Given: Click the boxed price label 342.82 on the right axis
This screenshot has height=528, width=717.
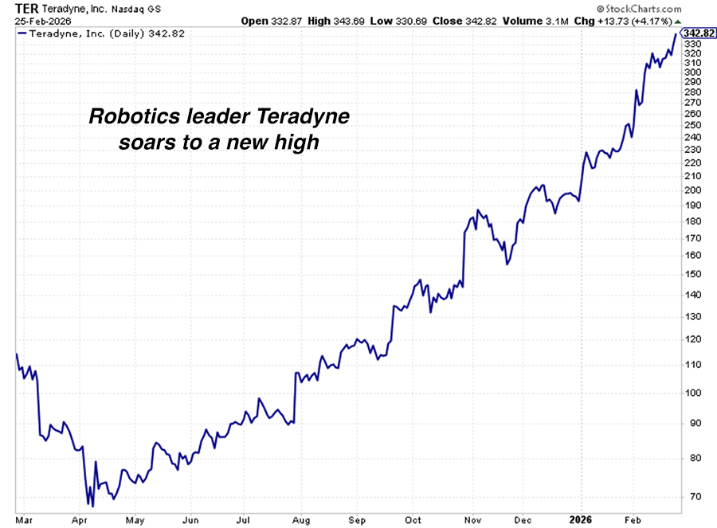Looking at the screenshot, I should [697, 33].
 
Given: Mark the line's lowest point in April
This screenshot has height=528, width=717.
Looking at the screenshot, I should [92, 506].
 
